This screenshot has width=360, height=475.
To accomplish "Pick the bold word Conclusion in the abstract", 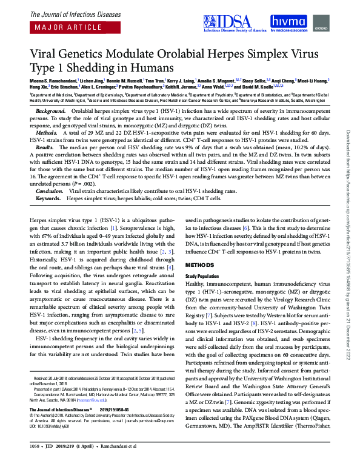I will pyautogui.click(x=50, y=190).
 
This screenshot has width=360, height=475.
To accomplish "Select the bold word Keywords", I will pyautogui.click(x=48, y=198).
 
